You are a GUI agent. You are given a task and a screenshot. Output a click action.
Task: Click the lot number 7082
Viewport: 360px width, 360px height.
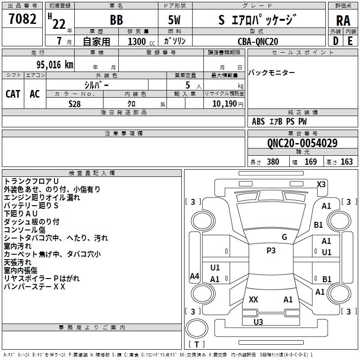click(x=22, y=19)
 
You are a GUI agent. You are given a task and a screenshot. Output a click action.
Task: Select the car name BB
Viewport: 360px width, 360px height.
click(x=117, y=20)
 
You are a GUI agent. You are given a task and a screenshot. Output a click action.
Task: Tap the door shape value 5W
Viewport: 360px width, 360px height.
click(x=174, y=20)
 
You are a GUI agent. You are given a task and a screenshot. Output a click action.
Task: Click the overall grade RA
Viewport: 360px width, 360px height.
click(x=343, y=21)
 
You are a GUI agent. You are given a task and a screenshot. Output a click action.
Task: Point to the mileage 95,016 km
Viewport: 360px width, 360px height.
click(x=55, y=64)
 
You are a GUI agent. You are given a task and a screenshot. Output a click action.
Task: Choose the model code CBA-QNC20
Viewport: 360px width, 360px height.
click(x=258, y=41)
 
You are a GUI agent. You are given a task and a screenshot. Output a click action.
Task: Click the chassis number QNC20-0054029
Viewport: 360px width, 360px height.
click(x=302, y=143)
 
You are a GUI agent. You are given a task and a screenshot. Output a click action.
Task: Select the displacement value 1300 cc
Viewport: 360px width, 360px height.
click(x=141, y=41)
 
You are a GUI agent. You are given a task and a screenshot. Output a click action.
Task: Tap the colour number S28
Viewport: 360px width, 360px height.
click(x=75, y=104)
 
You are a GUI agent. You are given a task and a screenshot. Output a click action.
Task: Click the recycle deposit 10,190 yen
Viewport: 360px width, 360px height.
click(x=228, y=104)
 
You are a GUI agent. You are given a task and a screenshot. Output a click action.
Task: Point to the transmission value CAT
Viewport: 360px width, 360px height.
click(x=13, y=94)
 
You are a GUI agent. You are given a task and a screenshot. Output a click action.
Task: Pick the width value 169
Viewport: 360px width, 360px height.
click(x=310, y=162)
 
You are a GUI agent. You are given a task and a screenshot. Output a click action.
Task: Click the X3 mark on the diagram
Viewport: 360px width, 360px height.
click(x=321, y=184)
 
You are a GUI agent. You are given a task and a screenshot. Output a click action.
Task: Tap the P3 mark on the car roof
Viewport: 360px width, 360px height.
click(x=271, y=251)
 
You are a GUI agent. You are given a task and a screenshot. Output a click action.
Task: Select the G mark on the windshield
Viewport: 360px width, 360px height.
click(x=284, y=237)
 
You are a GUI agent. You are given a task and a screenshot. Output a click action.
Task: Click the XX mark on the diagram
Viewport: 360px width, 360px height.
click(x=253, y=300)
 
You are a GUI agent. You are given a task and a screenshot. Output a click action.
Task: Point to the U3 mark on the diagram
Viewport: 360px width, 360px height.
click(x=258, y=322)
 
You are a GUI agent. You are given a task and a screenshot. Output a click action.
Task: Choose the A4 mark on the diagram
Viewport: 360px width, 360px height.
click(x=194, y=276)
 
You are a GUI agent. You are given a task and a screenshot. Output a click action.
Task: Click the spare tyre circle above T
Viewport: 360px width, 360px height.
click(x=197, y=328)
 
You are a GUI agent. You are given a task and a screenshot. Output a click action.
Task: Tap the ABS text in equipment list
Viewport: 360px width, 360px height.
click(x=258, y=121)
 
